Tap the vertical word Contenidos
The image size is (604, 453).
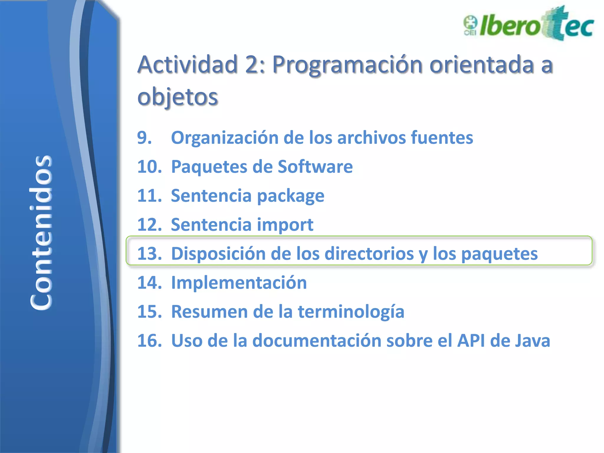pyautogui.click(x=41, y=232)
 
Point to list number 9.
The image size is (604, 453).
pyautogui.click(x=145, y=138)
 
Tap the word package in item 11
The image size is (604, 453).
pyautogui.click(x=290, y=196)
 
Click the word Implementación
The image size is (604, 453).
pyautogui.click(x=239, y=283)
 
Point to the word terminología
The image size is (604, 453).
pyautogui.click(x=351, y=312)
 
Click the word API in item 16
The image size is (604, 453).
pyautogui.click(x=471, y=341)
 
